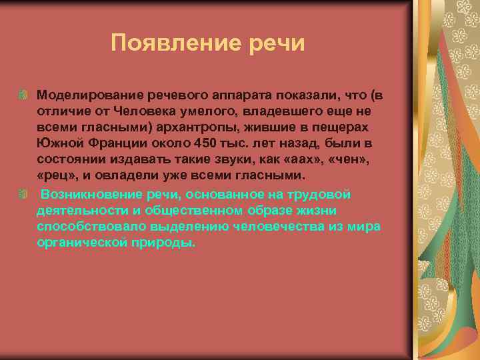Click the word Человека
coord(139,112)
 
